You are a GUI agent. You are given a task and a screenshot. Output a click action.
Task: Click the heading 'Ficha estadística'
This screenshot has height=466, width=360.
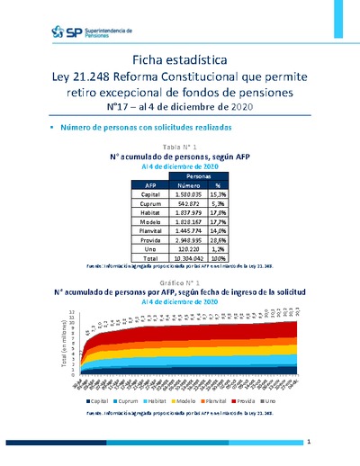[180, 58]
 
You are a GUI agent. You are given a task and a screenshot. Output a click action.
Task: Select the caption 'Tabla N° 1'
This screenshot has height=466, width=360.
[180, 145]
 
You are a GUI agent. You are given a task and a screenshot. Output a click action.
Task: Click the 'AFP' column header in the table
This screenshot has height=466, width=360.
[127, 185]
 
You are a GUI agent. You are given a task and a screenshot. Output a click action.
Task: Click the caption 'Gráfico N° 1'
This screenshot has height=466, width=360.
[180, 282]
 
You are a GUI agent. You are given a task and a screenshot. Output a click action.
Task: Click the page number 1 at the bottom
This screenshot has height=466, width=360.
[309, 443]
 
